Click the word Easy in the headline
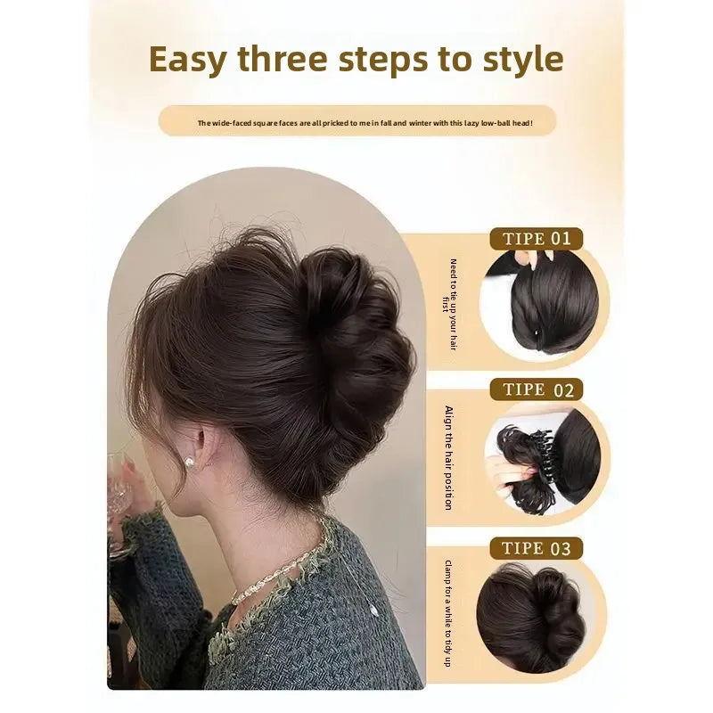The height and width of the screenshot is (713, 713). (187, 60)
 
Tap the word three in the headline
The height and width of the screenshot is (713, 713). (283, 59)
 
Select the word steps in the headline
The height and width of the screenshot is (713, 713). (383, 60)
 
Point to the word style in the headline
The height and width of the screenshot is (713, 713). (522, 60)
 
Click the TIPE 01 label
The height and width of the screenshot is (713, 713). (537, 239)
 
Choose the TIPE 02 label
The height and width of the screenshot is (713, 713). (537, 389)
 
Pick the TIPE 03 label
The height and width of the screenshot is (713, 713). (537, 548)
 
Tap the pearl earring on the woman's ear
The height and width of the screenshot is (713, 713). (188, 463)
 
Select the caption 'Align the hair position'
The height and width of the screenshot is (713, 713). (449, 458)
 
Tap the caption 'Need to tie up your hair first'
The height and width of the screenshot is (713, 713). (449, 304)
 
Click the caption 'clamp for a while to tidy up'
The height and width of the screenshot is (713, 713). (448, 613)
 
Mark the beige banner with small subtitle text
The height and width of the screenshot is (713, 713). (357, 121)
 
